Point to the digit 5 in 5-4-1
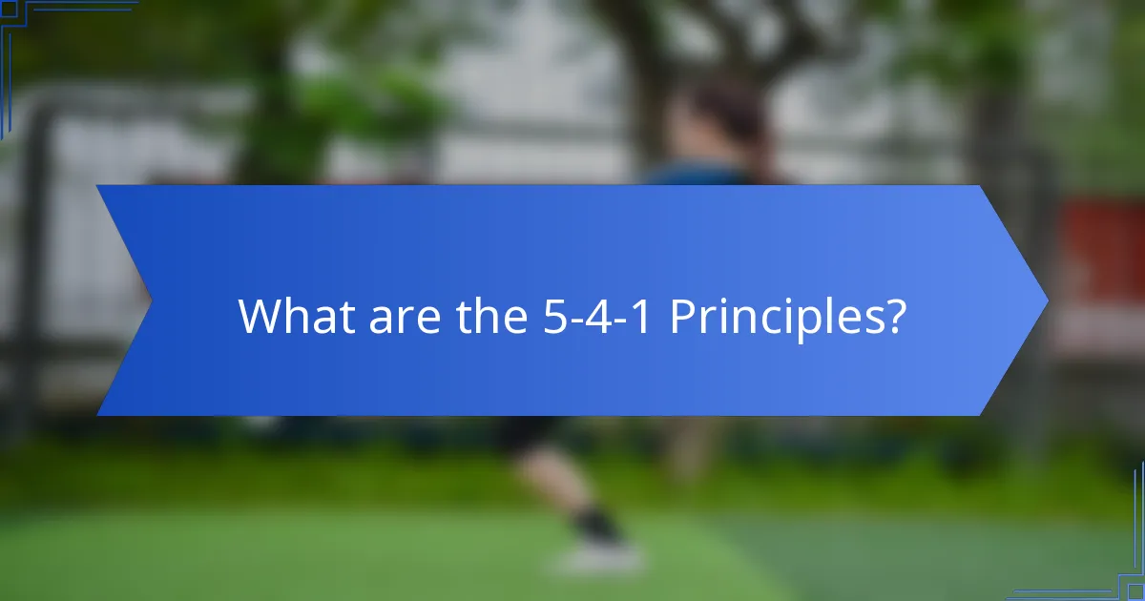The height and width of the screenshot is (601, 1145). pyautogui.click(x=543, y=317)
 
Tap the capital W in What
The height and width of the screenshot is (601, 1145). pyautogui.click(x=259, y=316)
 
